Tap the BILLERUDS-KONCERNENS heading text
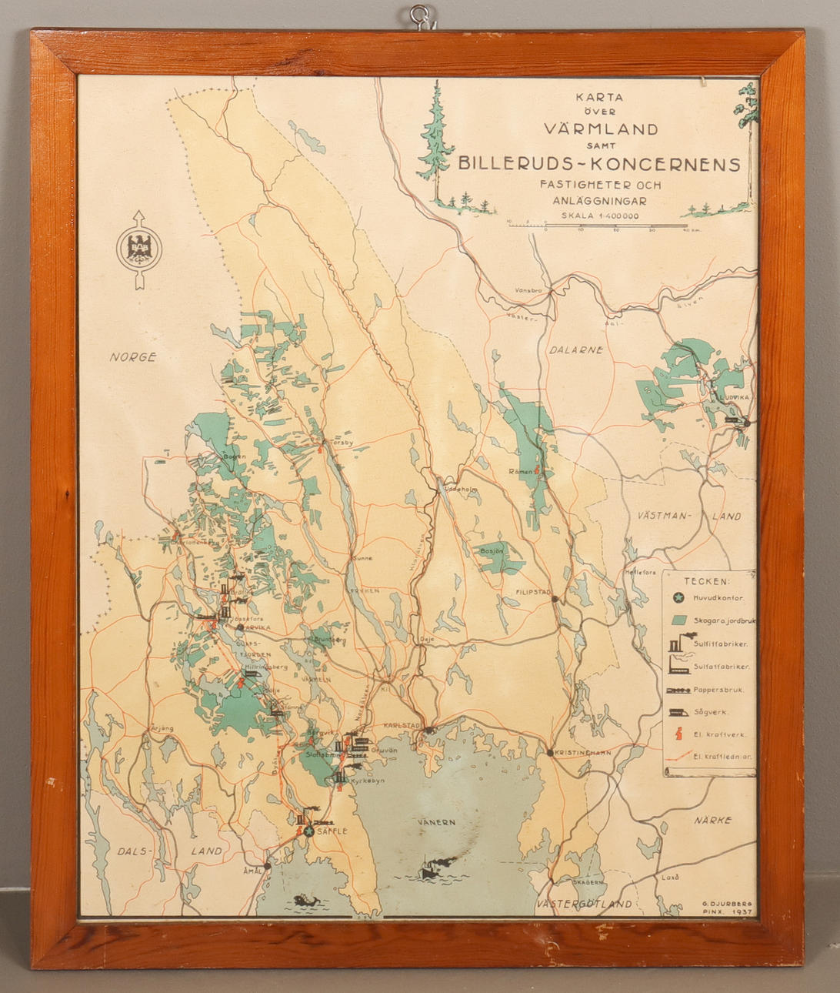coord(599,164)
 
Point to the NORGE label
coord(132,357)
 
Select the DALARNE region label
coord(575,349)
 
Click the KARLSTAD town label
coord(404,725)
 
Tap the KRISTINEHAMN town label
coord(577,752)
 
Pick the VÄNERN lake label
coord(437,822)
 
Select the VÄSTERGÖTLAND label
coord(585,904)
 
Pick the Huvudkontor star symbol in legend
coord(678,597)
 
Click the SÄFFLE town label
coord(332,831)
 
